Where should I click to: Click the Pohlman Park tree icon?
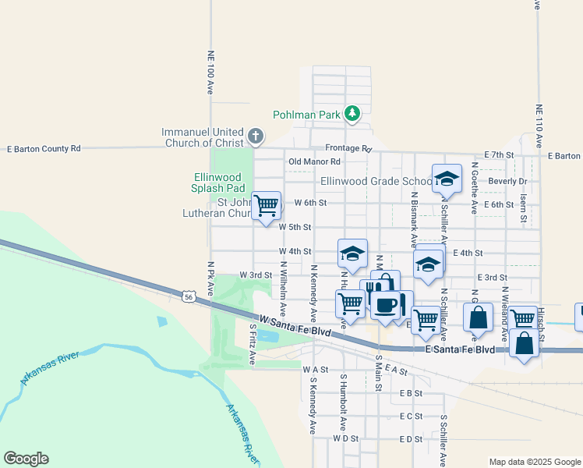tap(353, 114)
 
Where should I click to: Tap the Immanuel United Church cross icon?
tap(255, 137)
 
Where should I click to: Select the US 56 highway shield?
tap(188, 296)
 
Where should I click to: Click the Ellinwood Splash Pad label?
tap(219, 183)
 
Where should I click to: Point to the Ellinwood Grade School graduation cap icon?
tap(447, 179)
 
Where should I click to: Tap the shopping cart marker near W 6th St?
tap(267, 206)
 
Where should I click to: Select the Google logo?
tap(26, 459)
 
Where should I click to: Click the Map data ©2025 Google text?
tap(534, 462)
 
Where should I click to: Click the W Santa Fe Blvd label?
tap(296, 326)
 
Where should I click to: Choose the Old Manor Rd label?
tap(315, 161)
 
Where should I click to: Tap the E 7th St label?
tap(499, 155)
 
